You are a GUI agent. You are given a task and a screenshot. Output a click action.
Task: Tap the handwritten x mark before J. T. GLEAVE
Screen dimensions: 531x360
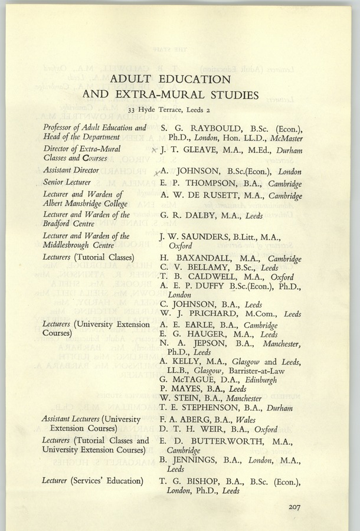[153, 151]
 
